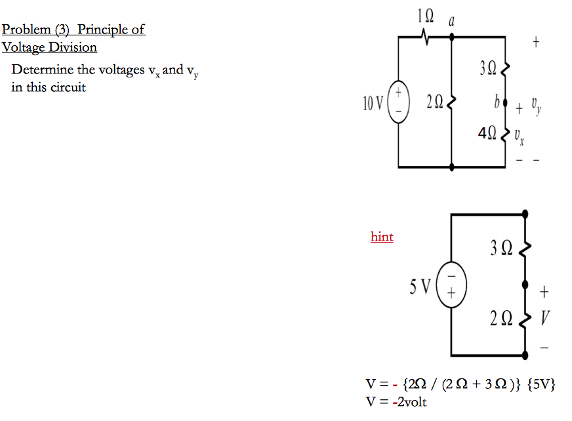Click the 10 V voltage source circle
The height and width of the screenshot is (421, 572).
(x=399, y=102)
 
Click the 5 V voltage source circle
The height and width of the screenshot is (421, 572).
(x=451, y=287)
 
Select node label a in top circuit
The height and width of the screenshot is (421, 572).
(x=451, y=21)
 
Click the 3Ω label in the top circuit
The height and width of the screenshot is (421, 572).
(x=489, y=67)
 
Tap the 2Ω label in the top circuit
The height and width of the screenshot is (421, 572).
(x=434, y=102)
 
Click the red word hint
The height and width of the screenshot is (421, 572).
(x=382, y=237)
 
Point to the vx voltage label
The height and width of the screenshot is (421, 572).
(x=519, y=136)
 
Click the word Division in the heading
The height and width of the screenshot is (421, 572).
(x=72, y=47)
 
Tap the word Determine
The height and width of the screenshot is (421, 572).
(x=43, y=70)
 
